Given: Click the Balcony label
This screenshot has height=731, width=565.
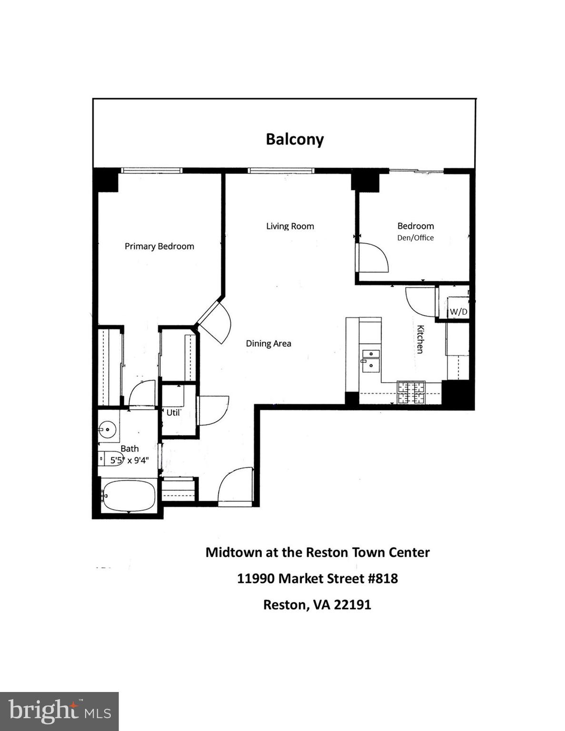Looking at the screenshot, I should (x=295, y=139).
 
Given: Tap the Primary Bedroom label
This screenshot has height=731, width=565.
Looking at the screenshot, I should (x=159, y=246).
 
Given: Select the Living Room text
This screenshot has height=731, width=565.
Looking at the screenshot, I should (x=290, y=226).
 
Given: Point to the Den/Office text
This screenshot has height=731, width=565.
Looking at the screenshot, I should (x=416, y=238).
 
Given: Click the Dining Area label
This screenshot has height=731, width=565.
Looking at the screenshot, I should (x=268, y=344).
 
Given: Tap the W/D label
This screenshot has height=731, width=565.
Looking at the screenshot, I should (x=458, y=312).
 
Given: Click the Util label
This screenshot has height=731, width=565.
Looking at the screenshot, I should (x=173, y=413).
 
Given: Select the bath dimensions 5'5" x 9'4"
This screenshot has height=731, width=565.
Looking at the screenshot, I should (x=129, y=461).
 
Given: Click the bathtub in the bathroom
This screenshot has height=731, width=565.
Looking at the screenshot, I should (x=129, y=496).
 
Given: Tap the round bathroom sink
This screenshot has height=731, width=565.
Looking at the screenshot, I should (x=108, y=430).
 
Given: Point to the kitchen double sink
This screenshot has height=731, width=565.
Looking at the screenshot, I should (x=370, y=360).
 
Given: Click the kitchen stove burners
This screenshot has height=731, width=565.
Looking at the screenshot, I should (x=411, y=393).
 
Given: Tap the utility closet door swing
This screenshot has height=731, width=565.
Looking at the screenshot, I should (x=213, y=410).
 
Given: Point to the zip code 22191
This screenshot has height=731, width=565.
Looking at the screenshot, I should (x=352, y=605).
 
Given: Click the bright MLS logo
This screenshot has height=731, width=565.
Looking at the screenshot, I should (x=59, y=711).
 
